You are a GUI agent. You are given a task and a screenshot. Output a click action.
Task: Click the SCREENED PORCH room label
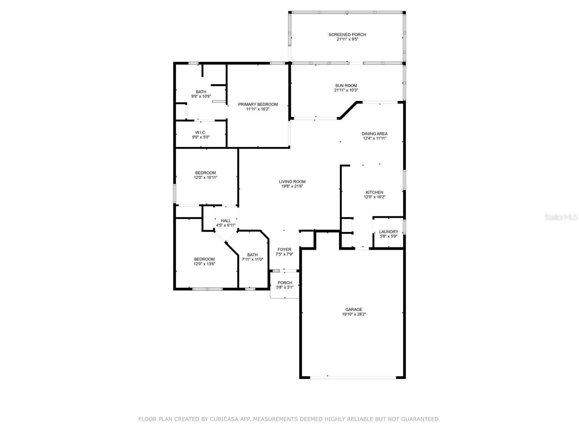[347, 34]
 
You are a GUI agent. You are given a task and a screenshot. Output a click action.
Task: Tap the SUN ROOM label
[346, 86]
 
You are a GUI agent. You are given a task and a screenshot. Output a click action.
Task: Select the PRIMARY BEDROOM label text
[258, 105]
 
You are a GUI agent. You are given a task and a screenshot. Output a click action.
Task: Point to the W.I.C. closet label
[200, 132]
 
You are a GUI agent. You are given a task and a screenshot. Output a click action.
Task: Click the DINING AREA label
[374, 133]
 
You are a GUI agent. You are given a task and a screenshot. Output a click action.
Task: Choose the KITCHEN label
[374, 192]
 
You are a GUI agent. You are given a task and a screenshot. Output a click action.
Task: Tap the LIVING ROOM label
[292, 182]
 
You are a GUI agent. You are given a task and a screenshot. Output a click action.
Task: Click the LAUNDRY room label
[388, 231]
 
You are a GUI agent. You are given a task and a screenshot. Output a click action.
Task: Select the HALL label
[225, 221]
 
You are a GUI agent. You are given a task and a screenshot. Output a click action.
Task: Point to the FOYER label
[284, 250]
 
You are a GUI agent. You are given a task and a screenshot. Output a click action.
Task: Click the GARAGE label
[354, 309]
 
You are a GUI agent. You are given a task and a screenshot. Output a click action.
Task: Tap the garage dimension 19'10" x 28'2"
[354, 314]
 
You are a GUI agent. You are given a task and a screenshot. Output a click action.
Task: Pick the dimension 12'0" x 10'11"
[205, 178]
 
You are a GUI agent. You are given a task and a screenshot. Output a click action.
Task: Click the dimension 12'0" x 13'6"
[204, 264]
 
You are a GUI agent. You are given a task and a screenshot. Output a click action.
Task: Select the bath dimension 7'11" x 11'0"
[252, 259]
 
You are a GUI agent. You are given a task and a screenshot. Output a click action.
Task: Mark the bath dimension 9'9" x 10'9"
[201, 97]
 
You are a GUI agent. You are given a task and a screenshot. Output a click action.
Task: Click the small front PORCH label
[285, 283]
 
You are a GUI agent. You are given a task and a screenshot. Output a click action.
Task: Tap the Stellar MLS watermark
[561, 217]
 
